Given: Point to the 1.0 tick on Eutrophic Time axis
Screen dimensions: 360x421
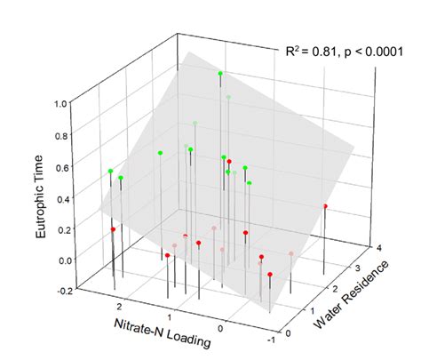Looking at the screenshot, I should (x=63, y=103).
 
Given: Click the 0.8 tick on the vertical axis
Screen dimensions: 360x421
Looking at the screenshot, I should (x=63, y=135).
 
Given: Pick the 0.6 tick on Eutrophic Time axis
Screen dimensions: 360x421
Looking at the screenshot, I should (x=63, y=167).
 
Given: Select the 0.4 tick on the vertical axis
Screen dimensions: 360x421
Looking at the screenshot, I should (x=63, y=199).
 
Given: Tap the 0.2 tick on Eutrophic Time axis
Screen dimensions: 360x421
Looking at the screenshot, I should (x=63, y=230).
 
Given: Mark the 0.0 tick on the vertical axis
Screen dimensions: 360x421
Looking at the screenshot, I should (x=63, y=260).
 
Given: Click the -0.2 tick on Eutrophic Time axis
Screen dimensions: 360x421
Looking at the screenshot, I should (x=61, y=290).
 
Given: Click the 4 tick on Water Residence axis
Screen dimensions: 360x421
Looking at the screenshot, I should (x=379, y=250).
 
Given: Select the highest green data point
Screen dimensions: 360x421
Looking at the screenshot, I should (x=220, y=73).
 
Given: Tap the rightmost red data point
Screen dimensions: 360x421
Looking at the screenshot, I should (x=325, y=206).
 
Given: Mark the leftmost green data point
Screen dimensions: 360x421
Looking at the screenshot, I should (x=111, y=171).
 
